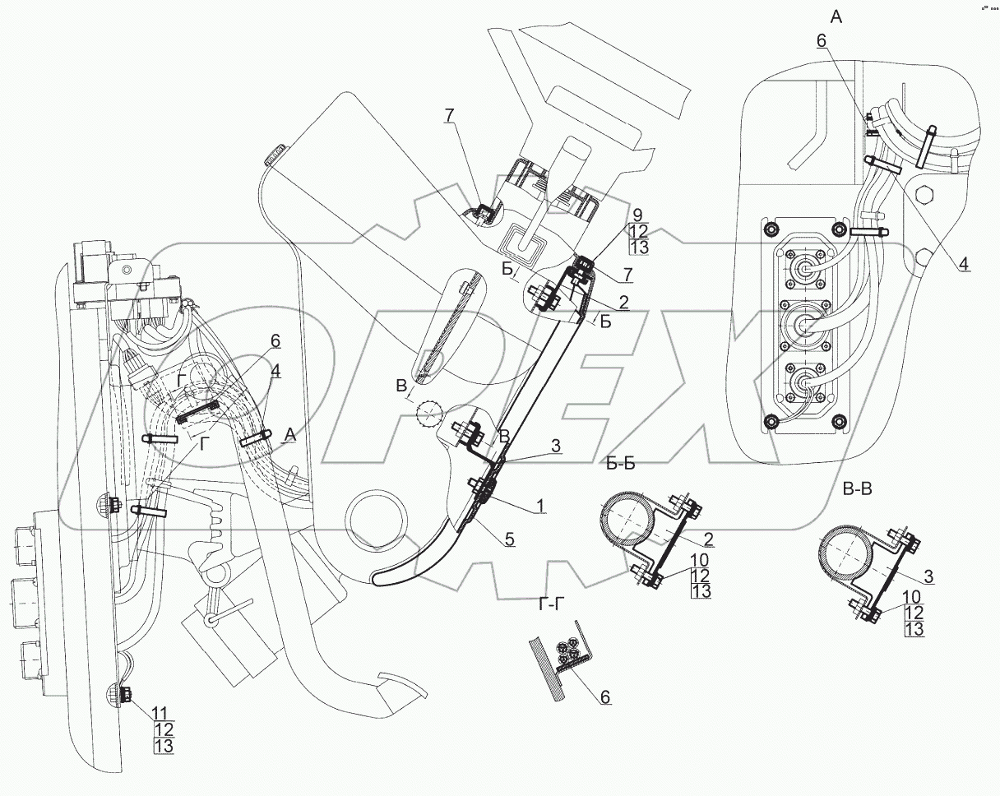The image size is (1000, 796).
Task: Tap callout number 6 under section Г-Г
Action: pyautogui.click(x=604, y=697)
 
